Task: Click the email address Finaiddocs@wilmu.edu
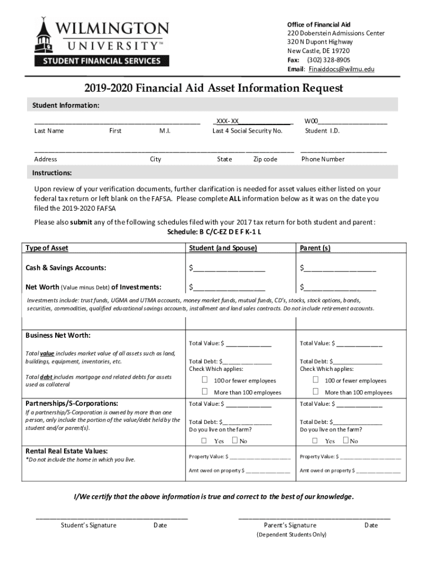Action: tap(341, 69)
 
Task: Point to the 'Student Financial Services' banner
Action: tap(98, 61)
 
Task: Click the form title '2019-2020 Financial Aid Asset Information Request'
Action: tap(212, 88)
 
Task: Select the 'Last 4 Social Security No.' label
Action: tap(247, 131)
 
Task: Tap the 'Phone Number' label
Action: tap(323, 159)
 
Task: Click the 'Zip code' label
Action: tap(265, 159)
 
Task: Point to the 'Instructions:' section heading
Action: tap(52, 173)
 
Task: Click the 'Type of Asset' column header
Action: tap(47, 248)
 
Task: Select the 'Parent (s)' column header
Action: tap(315, 248)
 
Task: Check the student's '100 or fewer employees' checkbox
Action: tap(204, 380)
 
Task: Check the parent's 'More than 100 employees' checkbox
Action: tap(315, 392)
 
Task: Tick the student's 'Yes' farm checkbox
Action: tap(204, 441)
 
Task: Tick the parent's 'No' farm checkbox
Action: tap(346, 441)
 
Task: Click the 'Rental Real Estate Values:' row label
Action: tap(66, 451)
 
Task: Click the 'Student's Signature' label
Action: tap(88, 525)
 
